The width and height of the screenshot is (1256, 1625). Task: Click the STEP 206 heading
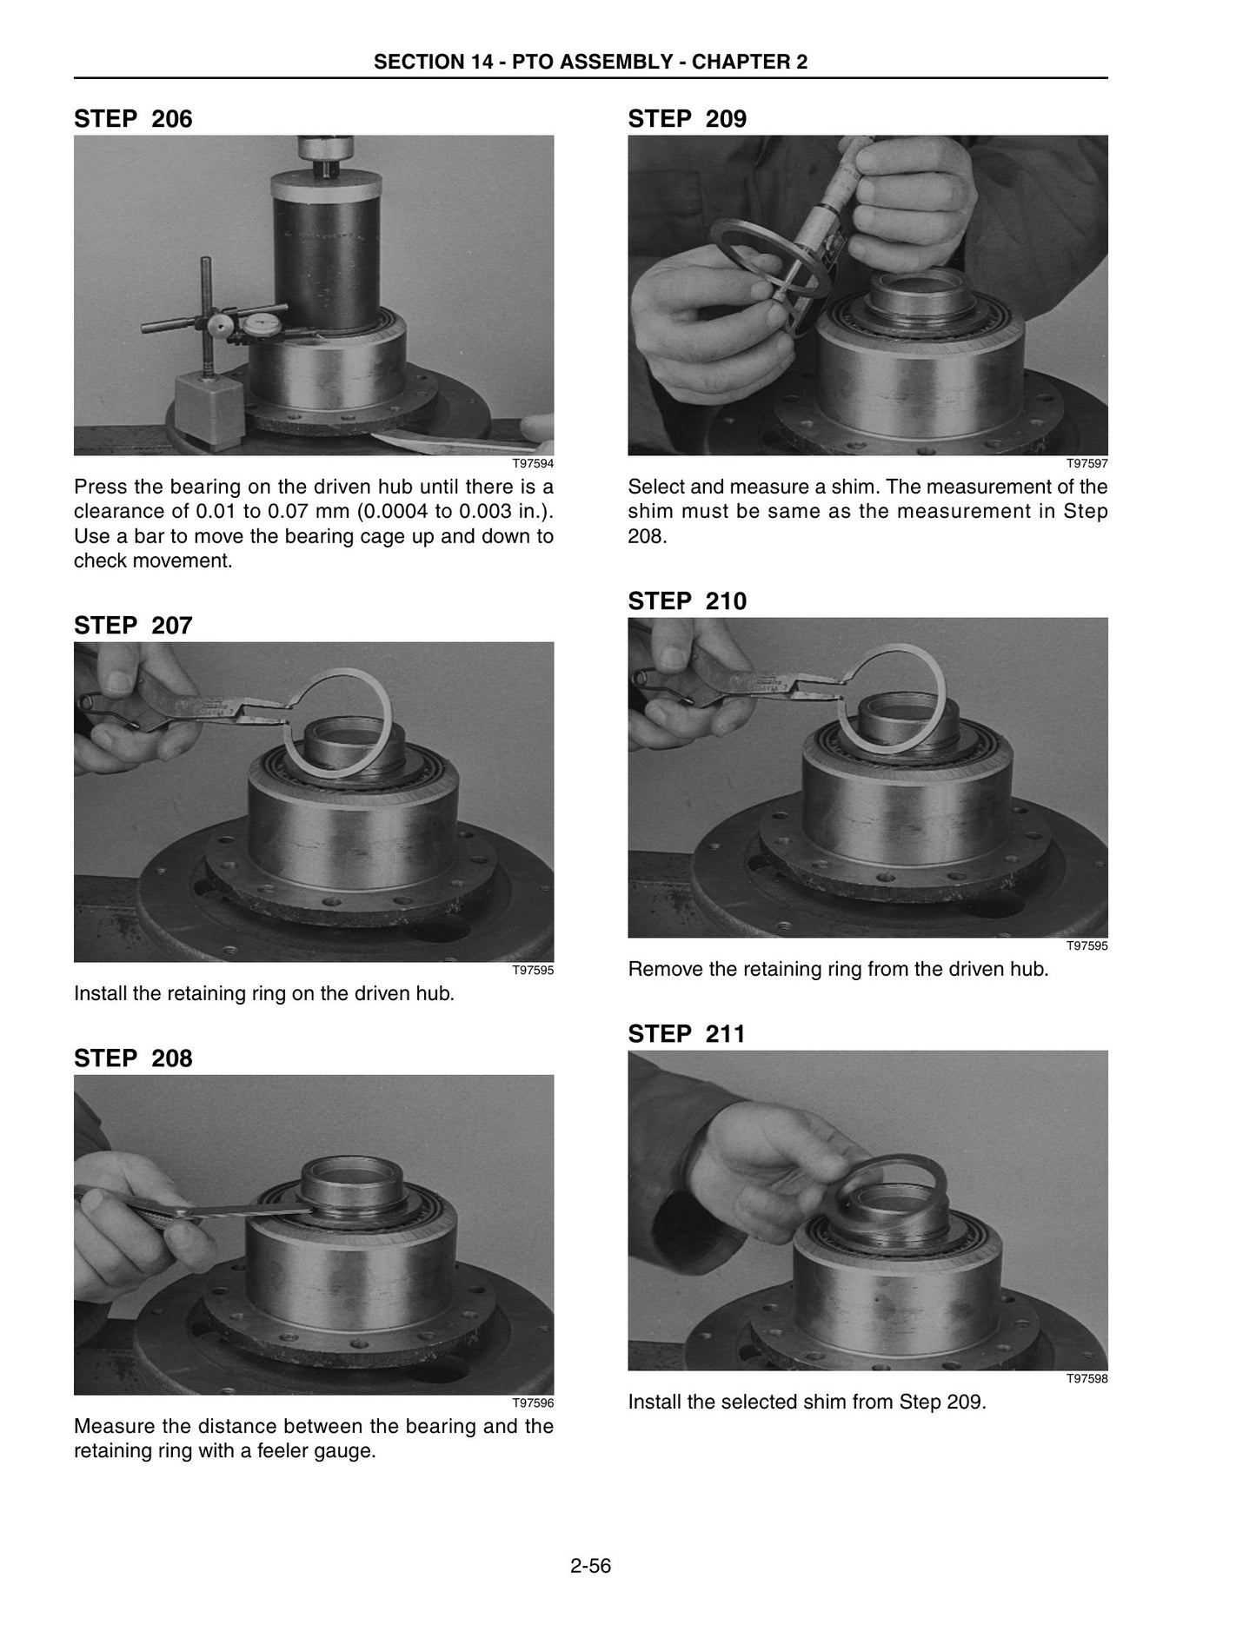pyautogui.click(x=133, y=118)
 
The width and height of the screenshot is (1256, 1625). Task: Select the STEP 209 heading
pyautogui.click(x=688, y=118)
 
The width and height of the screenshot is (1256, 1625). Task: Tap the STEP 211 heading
pyautogui.click(x=687, y=1034)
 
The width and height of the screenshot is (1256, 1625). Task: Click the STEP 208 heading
pyautogui.click(x=133, y=1058)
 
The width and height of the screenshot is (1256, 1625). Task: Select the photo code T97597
pyautogui.click(x=1087, y=464)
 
